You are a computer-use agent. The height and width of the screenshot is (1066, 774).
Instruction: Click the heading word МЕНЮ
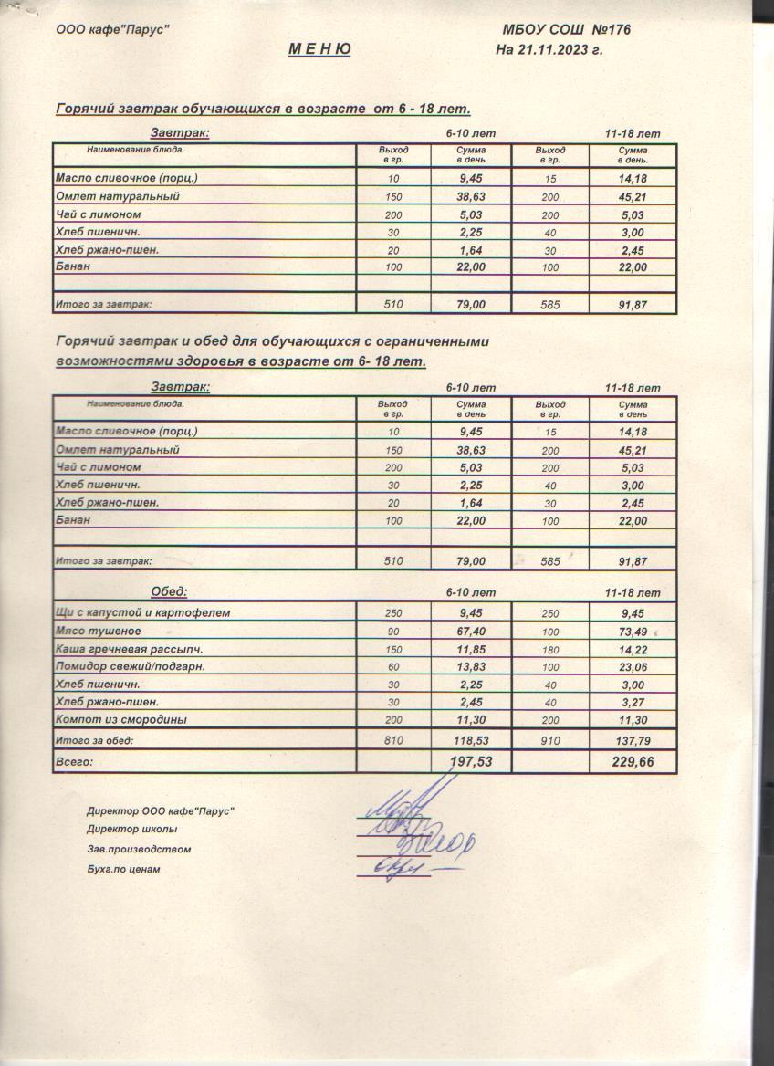pyautogui.click(x=319, y=49)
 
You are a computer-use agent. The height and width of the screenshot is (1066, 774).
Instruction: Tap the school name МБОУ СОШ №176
pyautogui.click(x=567, y=30)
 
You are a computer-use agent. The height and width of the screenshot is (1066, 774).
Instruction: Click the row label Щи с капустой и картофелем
pyautogui.click(x=142, y=612)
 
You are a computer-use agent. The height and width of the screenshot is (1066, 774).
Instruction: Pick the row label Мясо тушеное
pyautogui.click(x=99, y=631)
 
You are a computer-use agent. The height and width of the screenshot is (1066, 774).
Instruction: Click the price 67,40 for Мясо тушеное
pyautogui.click(x=471, y=631)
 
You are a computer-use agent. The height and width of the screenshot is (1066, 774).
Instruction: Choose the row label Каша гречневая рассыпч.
pyautogui.click(x=129, y=649)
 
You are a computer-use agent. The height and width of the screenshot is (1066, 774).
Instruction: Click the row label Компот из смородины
pyautogui.click(x=121, y=719)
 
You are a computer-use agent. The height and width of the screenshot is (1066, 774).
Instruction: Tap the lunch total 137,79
pyautogui.click(x=633, y=740)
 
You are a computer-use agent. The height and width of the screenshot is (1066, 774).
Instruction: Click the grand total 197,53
pyautogui.click(x=471, y=760)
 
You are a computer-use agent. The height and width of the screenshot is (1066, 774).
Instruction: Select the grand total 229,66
pyautogui.click(x=633, y=760)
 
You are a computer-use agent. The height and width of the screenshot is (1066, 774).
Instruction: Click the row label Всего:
pyautogui.click(x=75, y=760)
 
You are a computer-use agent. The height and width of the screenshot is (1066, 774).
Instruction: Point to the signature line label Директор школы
pyautogui.click(x=131, y=830)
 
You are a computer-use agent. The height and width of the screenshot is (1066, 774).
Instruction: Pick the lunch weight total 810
pyautogui.click(x=393, y=740)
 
